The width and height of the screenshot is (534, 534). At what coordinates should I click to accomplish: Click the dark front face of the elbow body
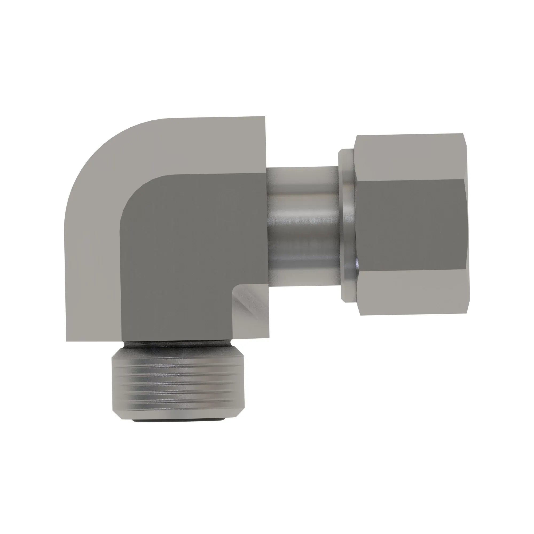tap(191, 249)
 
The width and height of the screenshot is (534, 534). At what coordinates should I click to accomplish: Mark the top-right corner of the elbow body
tap(265, 117)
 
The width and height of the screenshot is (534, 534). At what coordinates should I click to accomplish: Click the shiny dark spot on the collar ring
tap(356, 265)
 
